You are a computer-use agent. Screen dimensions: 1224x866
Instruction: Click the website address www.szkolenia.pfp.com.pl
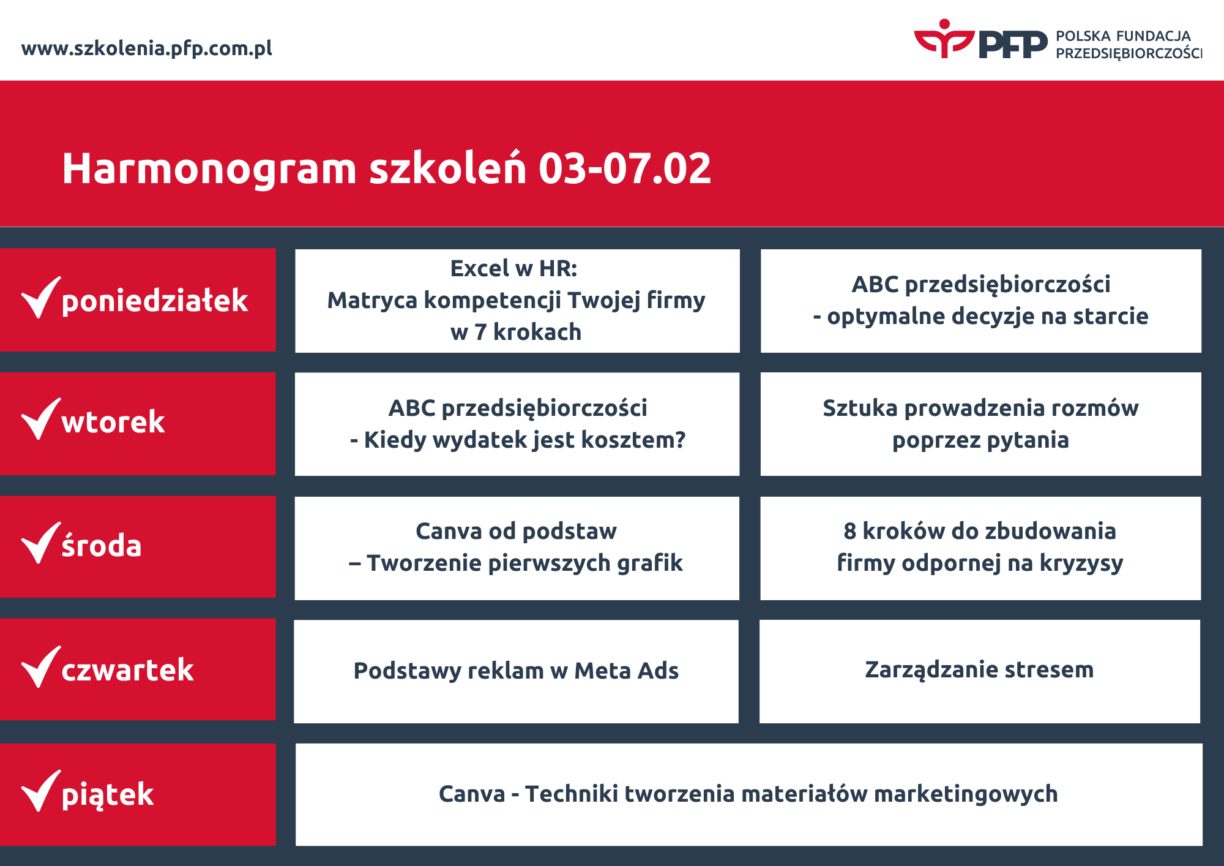[x=147, y=48]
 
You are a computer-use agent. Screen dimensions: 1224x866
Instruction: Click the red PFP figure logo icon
[x=944, y=39]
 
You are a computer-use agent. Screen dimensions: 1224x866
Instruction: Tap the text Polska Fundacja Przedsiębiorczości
[x=1129, y=45]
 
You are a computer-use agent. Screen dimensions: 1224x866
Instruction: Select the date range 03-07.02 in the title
[x=625, y=168]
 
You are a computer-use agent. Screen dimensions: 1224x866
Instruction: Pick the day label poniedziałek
[x=155, y=301]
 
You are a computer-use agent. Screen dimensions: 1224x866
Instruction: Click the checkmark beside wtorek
[x=41, y=419]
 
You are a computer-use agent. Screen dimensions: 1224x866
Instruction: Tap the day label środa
[x=102, y=545]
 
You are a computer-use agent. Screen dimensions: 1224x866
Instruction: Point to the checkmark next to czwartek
[x=41, y=667]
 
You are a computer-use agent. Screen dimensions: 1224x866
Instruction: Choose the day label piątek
[x=108, y=795]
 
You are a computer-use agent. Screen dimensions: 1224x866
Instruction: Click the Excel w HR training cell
[x=517, y=301]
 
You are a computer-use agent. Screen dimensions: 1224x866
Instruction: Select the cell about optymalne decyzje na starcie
[x=981, y=301]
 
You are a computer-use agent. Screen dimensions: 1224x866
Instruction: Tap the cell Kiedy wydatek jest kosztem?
[x=517, y=424]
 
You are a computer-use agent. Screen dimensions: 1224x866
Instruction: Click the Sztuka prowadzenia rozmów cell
[x=981, y=424]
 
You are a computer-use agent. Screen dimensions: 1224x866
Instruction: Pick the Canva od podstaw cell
[x=517, y=548]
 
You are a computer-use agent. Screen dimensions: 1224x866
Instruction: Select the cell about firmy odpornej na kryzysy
[x=980, y=548]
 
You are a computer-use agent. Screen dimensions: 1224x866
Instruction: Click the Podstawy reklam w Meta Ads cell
[x=517, y=671]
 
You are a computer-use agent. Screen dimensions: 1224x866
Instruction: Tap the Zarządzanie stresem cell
[x=980, y=671]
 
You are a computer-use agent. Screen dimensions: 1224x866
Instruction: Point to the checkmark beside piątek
[x=41, y=791]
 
